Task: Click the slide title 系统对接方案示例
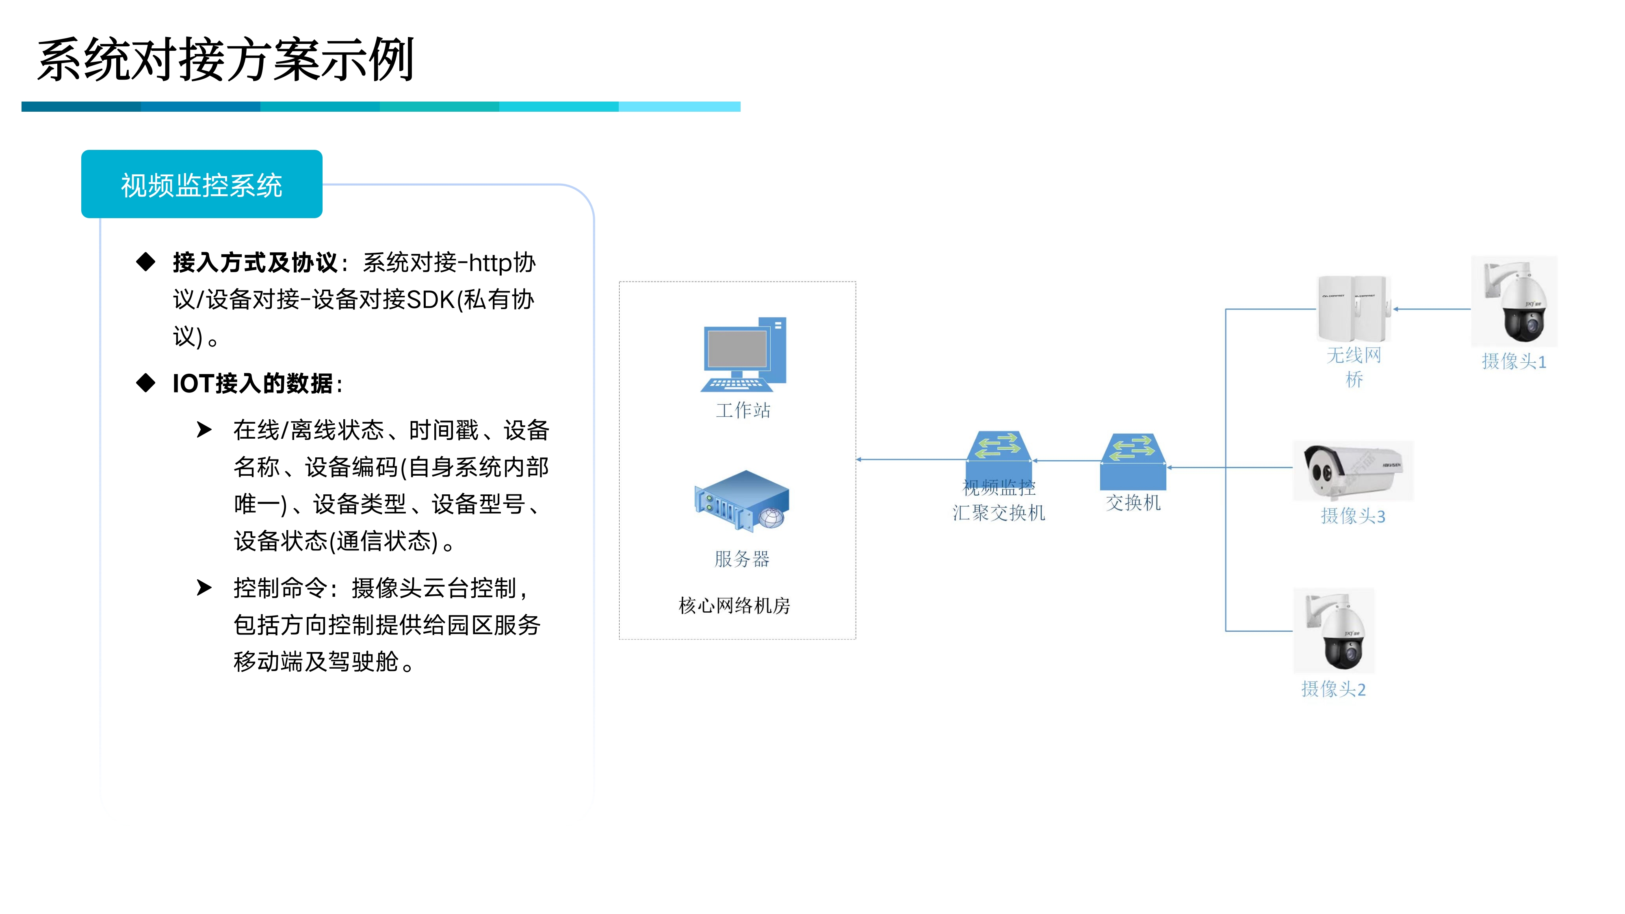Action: tap(225, 60)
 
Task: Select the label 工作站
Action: tap(743, 411)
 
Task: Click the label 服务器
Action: tap(742, 559)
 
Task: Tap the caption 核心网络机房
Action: tap(734, 606)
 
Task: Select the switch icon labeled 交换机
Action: tap(1133, 461)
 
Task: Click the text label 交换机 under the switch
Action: tap(1133, 503)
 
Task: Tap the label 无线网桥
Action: tap(1354, 366)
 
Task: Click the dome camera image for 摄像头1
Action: tap(1514, 301)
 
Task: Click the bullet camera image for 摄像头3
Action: tap(1353, 470)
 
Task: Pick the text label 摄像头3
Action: tap(1353, 516)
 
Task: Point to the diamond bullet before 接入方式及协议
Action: tap(146, 262)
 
